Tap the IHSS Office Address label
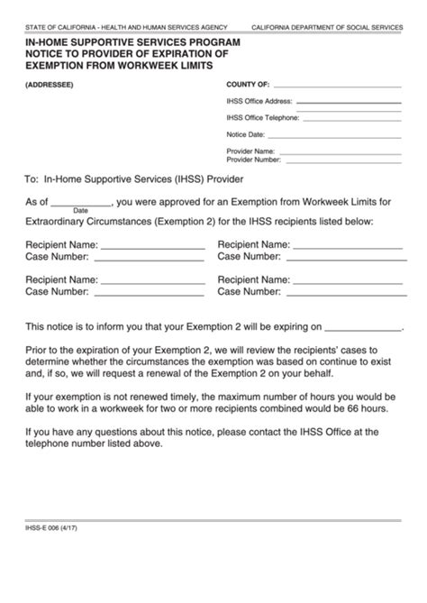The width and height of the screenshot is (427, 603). tap(259, 102)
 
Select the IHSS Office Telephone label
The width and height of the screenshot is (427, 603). tap(263, 118)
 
